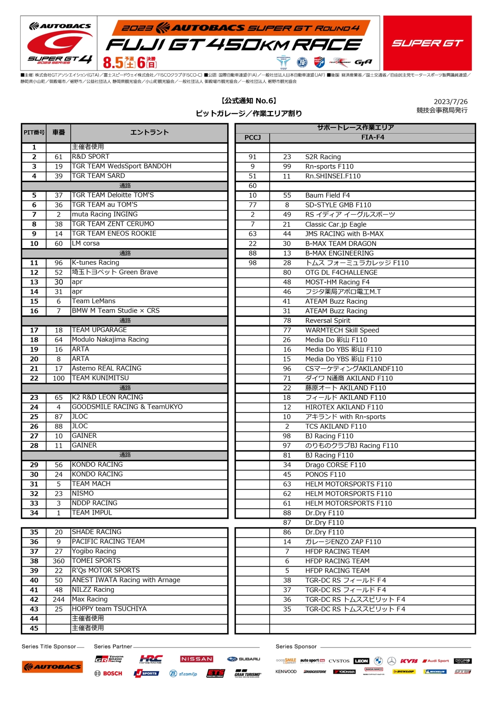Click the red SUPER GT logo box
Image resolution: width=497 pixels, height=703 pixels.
[x=427, y=43]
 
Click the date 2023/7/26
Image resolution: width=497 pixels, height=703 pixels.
[x=450, y=102]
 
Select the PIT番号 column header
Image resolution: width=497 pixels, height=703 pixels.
[x=34, y=132]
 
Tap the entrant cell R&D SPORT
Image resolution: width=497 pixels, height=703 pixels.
[x=91, y=157]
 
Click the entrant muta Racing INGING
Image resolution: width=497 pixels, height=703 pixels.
[x=105, y=214]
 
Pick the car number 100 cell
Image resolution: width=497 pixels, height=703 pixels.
[x=59, y=378]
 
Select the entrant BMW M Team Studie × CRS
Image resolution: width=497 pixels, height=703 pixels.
[x=116, y=311]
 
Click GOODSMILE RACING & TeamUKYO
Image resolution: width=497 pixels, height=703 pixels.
[x=127, y=407]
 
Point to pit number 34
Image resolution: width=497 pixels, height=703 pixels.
[x=34, y=513]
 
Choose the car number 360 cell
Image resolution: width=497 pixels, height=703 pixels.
[x=59, y=561]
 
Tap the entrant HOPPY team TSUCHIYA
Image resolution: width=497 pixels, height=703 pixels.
[x=109, y=609]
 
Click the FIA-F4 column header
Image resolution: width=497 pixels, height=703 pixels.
[x=372, y=137]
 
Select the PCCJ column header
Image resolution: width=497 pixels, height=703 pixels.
[x=253, y=137]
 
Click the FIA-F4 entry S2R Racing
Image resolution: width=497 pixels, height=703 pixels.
[x=323, y=157]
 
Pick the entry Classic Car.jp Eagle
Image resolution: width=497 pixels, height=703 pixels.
[x=336, y=224]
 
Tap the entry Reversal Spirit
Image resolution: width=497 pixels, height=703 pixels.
[x=328, y=321]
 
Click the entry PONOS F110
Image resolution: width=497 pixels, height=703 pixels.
[x=325, y=474]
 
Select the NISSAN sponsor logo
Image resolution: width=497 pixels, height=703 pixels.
[x=197, y=659]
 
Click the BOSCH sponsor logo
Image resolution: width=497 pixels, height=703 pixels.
[x=108, y=673]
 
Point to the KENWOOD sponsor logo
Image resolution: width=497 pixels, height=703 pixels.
[x=286, y=671]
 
